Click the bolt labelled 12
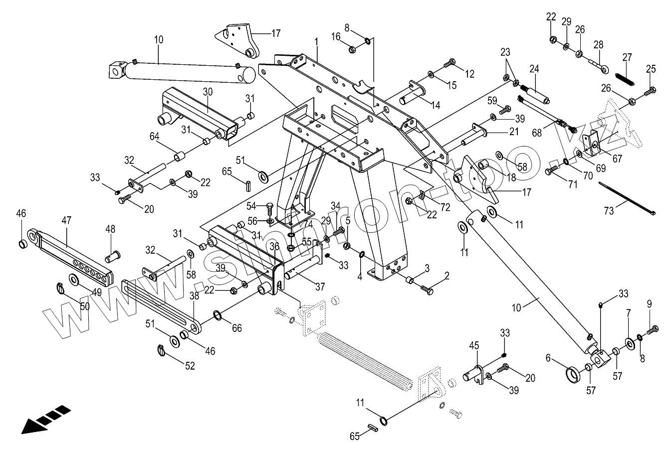(x=449, y=63)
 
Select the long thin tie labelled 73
(x=628, y=198)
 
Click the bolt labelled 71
(x=550, y=171)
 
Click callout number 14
(x=436, y=106)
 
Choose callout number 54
(x=251, y=206)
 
